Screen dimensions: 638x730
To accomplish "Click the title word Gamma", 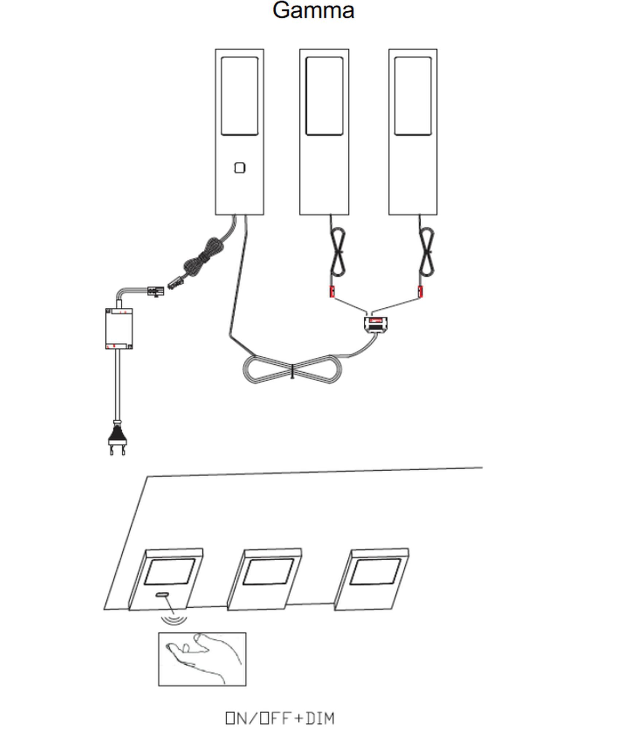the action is click(313, 11).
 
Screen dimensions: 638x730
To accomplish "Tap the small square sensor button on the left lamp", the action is click(240, 168).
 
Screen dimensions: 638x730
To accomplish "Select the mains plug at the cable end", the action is click(118, 438).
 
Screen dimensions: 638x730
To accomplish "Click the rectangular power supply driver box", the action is click(119, 328).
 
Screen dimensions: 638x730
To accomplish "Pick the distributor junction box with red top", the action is click(375, 324).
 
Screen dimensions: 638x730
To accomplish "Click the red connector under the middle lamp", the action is click(332, 292).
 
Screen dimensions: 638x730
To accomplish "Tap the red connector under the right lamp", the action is click(420, 292).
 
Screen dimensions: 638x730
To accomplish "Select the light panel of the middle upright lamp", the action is click(324, 96).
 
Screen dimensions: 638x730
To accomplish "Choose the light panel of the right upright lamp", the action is click(413, 96).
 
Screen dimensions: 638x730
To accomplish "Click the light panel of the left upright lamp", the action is click(240, 96).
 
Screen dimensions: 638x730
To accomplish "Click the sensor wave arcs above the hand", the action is click(174, 620).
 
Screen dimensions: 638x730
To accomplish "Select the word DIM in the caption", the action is click(320, 718).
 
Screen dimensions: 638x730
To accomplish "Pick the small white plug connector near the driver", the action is click(155, 291).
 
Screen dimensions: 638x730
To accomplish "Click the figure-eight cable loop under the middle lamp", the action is click(338, 252).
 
